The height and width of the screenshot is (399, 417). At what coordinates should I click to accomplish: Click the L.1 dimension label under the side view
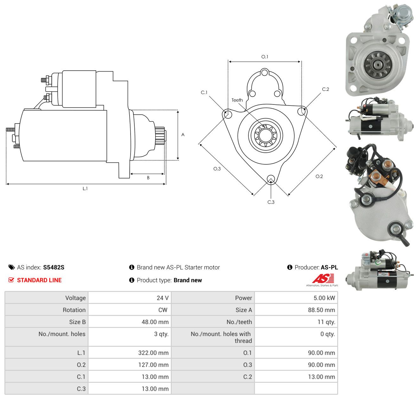click(85, 188)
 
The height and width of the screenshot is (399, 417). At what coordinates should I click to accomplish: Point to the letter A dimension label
click(183, 135)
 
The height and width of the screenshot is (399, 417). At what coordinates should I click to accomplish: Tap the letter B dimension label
click(148, 178)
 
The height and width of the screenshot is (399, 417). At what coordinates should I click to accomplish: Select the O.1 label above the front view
click(265, 57)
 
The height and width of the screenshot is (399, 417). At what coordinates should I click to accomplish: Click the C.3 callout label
click(271, 202)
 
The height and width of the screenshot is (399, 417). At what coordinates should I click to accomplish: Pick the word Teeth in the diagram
click(237, 100)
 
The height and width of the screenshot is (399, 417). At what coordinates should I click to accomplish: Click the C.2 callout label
click(325, 89)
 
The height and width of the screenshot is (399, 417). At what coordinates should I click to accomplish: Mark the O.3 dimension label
click(217, 169)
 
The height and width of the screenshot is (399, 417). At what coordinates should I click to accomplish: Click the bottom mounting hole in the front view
click(271, 179)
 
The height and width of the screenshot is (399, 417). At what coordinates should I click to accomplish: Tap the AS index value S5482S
click(54, 267)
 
